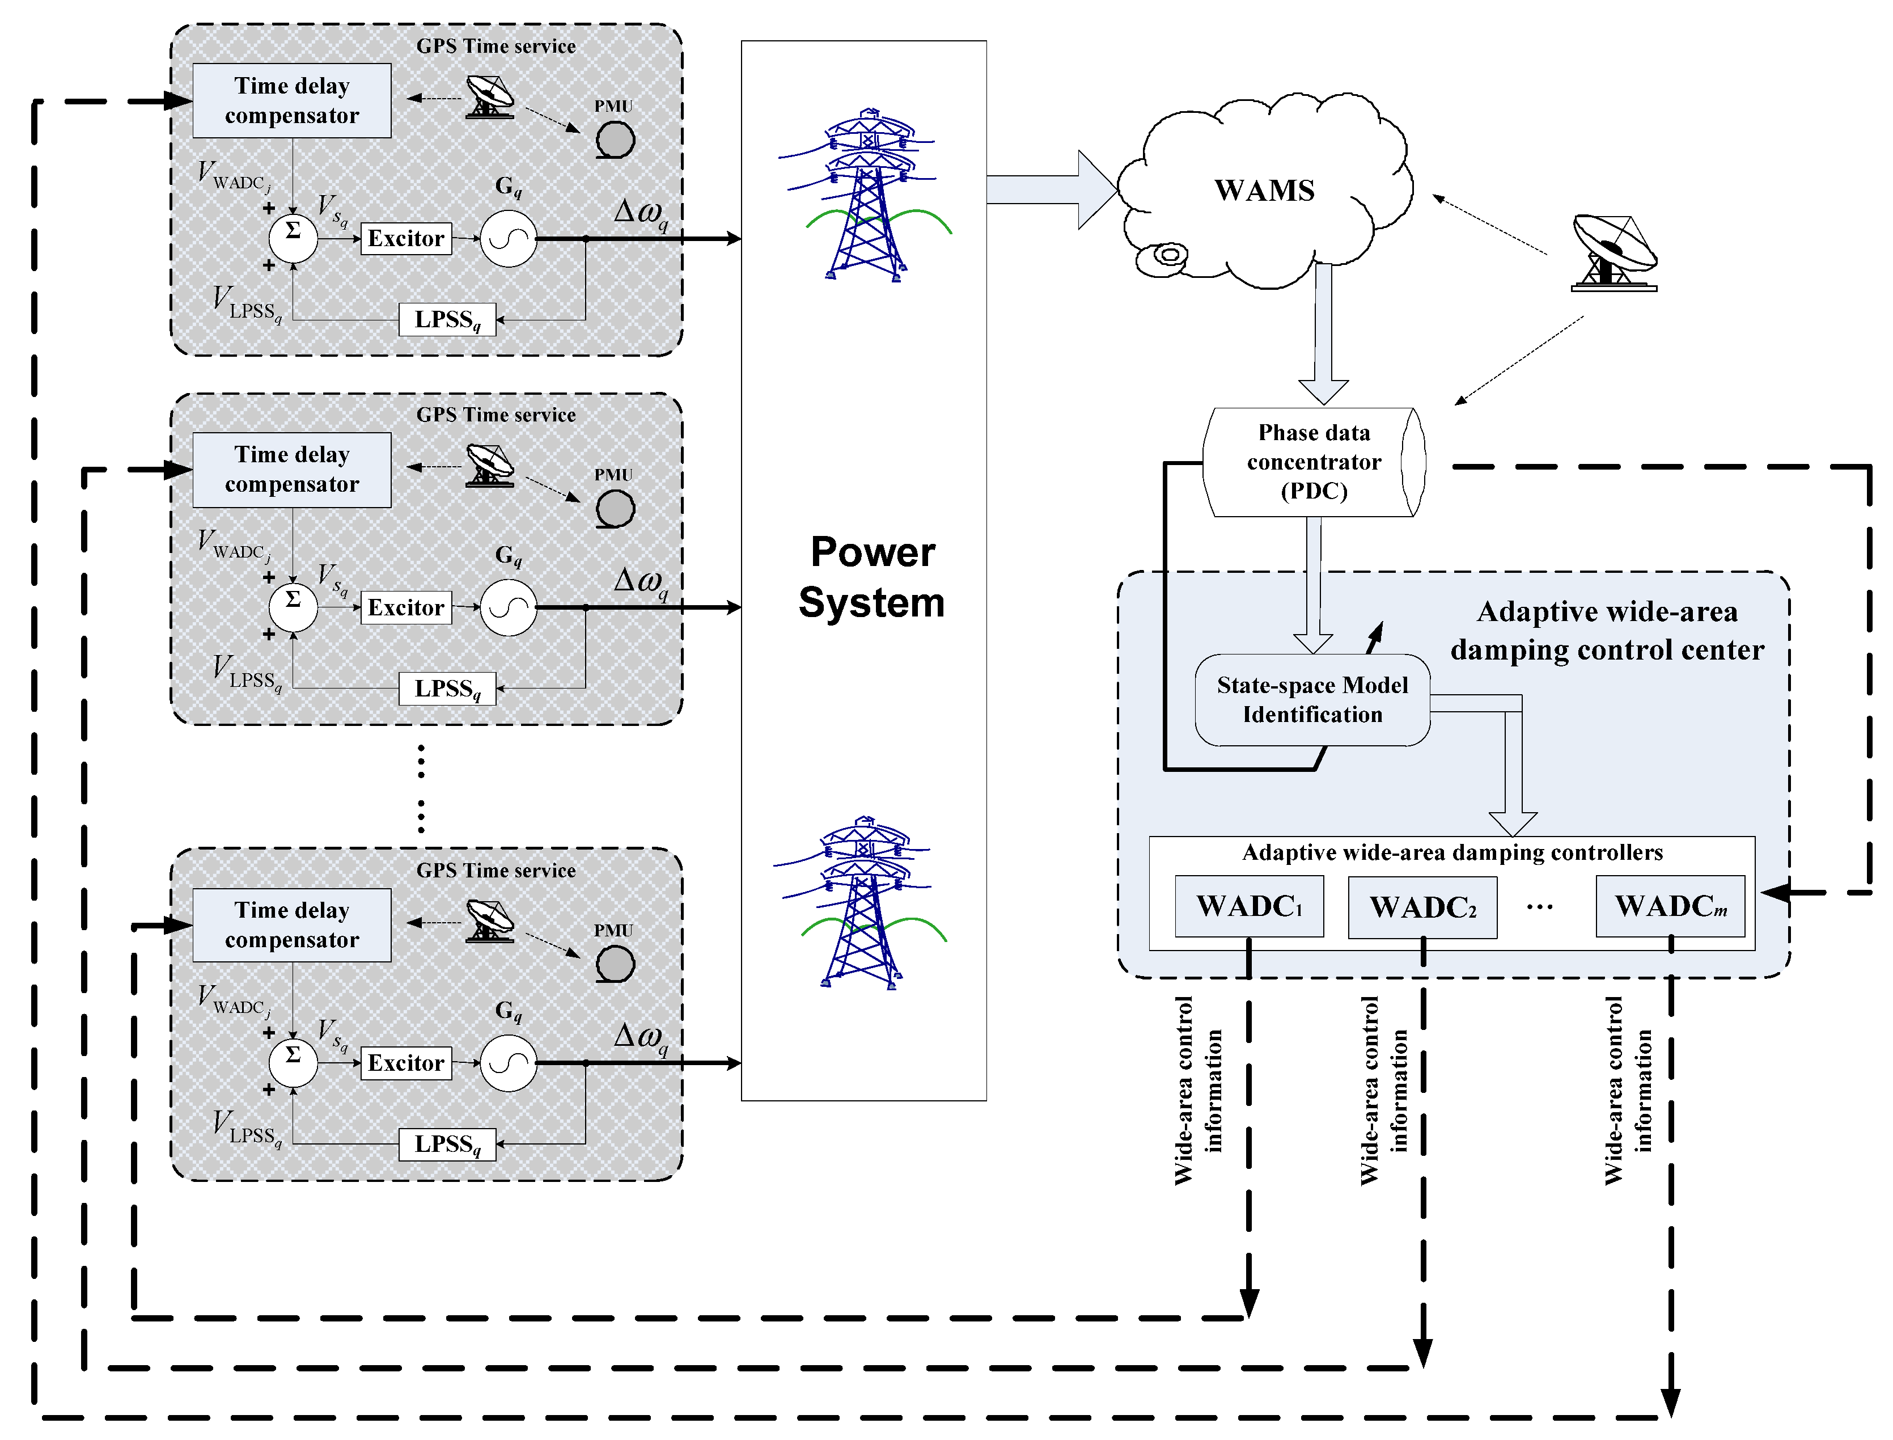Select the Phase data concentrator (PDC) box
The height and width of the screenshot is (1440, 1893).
(1313, 462)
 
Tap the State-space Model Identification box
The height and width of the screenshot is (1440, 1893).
(1311, 699)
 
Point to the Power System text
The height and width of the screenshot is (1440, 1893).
(871, 577)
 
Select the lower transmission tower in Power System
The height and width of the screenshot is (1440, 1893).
(861, 902)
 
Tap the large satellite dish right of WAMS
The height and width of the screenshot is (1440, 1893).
(1614, 253)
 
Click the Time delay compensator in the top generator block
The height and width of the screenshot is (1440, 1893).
(291, 100)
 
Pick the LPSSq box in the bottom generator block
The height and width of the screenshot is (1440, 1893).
(447, 1145)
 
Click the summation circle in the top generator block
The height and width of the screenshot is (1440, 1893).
(293, 238)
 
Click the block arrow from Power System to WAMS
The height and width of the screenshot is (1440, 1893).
(1052, 189)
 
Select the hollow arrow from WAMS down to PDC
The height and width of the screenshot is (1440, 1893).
(1323, 333)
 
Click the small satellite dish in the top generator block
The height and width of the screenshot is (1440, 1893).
(489, 96)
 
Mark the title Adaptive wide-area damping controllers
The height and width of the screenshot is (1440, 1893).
(1452, 853)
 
